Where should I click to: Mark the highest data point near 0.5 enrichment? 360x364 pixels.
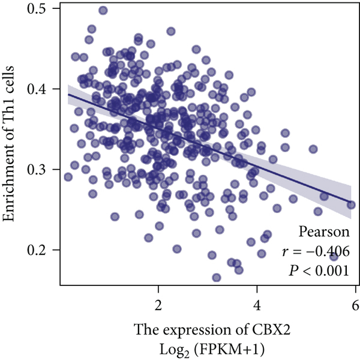click(103, 10)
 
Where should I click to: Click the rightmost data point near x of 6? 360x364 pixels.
click(351, 204)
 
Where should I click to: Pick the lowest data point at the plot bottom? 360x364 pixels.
click(216, 278)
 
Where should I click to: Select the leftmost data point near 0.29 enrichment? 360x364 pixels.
click(68, 177)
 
